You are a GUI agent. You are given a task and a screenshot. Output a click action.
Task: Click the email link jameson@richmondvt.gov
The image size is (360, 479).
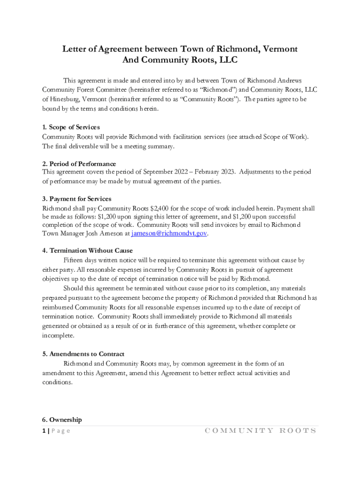[x=169, y=233]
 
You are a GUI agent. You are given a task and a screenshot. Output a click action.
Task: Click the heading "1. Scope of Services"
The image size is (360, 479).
[x=71, y=127]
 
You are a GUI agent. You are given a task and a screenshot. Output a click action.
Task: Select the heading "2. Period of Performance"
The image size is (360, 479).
[x=79, y=164]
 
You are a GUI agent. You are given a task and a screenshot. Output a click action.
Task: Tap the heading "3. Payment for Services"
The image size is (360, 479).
[x=77, y=199]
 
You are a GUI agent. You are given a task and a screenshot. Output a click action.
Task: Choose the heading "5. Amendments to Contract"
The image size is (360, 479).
[x=83, y=354]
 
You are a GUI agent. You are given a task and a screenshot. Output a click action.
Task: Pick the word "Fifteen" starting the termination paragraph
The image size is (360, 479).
[x=74, y=260]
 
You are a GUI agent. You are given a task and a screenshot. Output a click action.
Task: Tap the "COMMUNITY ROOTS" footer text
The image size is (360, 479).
[x=260, y=431]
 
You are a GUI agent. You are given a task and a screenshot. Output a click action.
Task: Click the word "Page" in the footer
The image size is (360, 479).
[x=60, y=431]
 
